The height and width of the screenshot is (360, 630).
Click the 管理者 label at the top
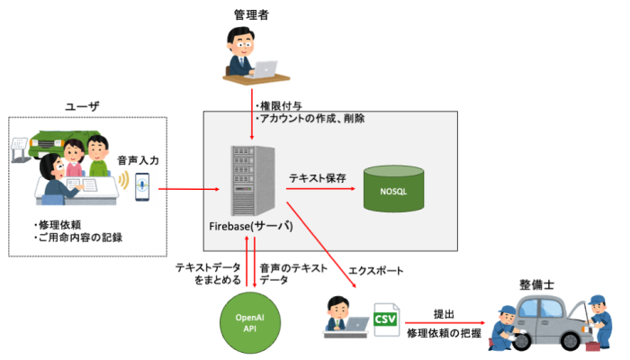(x=252, y=13)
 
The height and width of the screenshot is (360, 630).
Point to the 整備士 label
(x=536, y=283)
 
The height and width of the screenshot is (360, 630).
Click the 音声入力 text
(x=138, y=159)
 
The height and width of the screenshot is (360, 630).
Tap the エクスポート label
(x=374, y=269)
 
